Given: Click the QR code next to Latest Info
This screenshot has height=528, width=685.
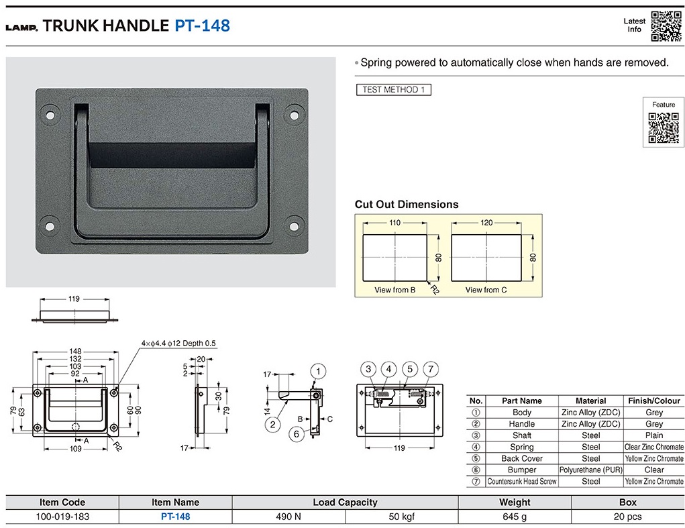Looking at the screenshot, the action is [666, 26].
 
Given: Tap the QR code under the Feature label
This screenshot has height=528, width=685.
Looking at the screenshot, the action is [663, 127].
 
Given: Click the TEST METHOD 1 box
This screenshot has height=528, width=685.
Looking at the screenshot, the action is [394, 89].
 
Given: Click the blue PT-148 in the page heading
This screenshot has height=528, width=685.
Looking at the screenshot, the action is [202, 25].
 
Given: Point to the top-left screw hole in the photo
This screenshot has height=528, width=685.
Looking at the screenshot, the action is [50, 115].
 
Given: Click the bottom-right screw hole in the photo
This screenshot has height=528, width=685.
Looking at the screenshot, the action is [294, 226].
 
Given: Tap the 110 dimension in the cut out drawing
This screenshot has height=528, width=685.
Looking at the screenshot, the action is [394, 223].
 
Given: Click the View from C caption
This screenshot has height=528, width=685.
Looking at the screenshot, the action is [486, 290].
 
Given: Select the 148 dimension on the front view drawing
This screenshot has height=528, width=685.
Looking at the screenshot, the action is [75, 351].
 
